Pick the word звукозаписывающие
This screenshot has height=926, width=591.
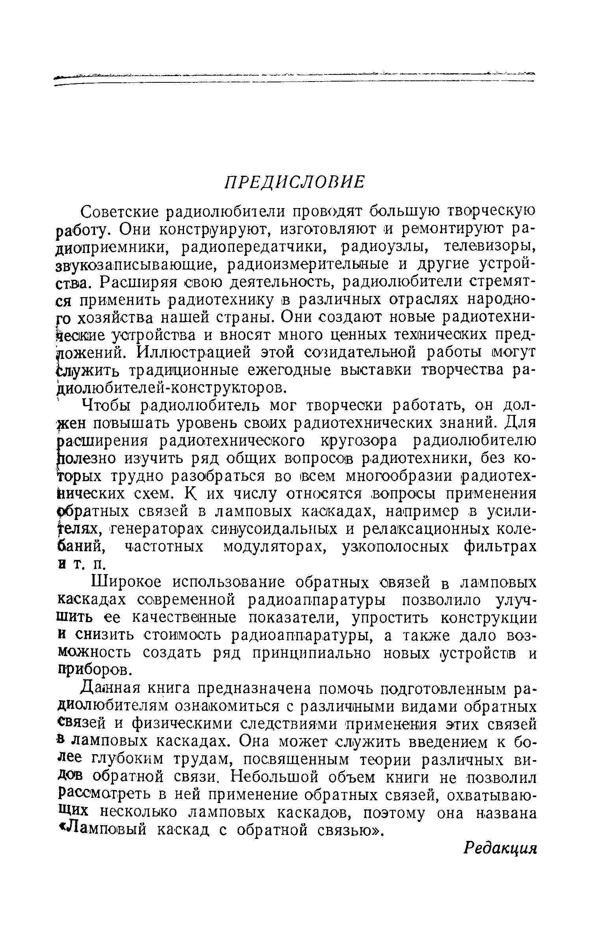pos(136,264)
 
